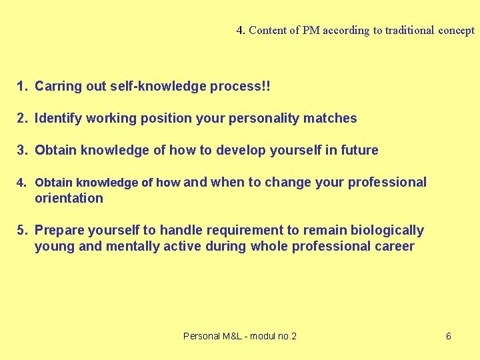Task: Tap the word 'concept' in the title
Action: click(x=457, y=30)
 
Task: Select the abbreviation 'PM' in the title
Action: click(x=310, y=30)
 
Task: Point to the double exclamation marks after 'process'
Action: click(x=267, y=86)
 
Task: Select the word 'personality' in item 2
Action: click(x=265, y=118)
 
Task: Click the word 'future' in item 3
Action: click(x=359, y=150)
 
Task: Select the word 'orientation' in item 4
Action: click(x=69, y=198)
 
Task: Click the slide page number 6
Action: click(x=449, y=336)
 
